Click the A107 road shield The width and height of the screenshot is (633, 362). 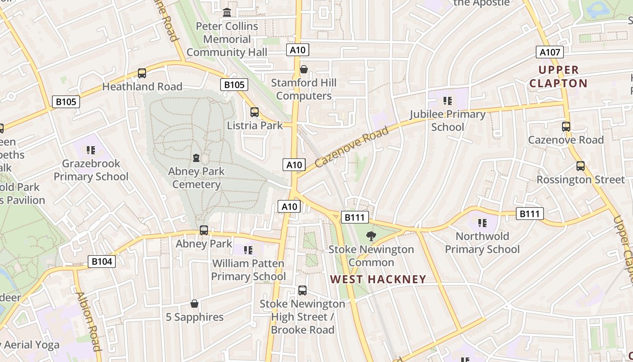pyautogui.click(x=550, y=52)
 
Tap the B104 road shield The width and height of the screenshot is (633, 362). pyautogui.click(x=101, y=261)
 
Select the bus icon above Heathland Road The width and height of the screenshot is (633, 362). pyautogui.click(x=142, y=73)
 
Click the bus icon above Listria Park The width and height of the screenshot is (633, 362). pyautogui.click(x=255, y=112)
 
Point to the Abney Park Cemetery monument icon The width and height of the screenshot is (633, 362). pyautogui.click(x=196, y=158)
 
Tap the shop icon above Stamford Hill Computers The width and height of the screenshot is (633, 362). pyautogui.click(x=304, y=69)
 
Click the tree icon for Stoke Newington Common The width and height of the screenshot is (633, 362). pyautogui.click(x=371, y=236)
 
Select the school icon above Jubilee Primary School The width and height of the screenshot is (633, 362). pyautogui.click(x=448, y=100)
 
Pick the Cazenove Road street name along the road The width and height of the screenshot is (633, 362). pyautogui.click(x=351, y=147)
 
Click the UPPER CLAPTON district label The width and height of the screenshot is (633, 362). pyautogui.click(x=558, y=76)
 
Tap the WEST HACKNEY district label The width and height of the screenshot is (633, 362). pyautogui.click(x=378, y=279)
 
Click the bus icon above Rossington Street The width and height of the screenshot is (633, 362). pyautogui.click(x=581, y=166)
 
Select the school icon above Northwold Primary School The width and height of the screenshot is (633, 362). pyautogui.click(x=482, y=223)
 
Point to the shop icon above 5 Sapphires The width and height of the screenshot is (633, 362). pyautogui.click(x=194, y=304)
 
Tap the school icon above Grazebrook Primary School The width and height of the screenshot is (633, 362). pyautogui.click(x=91, y=150)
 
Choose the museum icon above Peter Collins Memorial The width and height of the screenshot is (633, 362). pyautogui.click(x=227, y=12)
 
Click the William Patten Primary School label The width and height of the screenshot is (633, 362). pyautogui.click(x=248, y=270)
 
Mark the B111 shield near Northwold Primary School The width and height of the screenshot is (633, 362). pyautogui.click(x=529, y=214)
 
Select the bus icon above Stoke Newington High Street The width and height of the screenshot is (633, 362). pyautogui.click(x=302, y=291)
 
